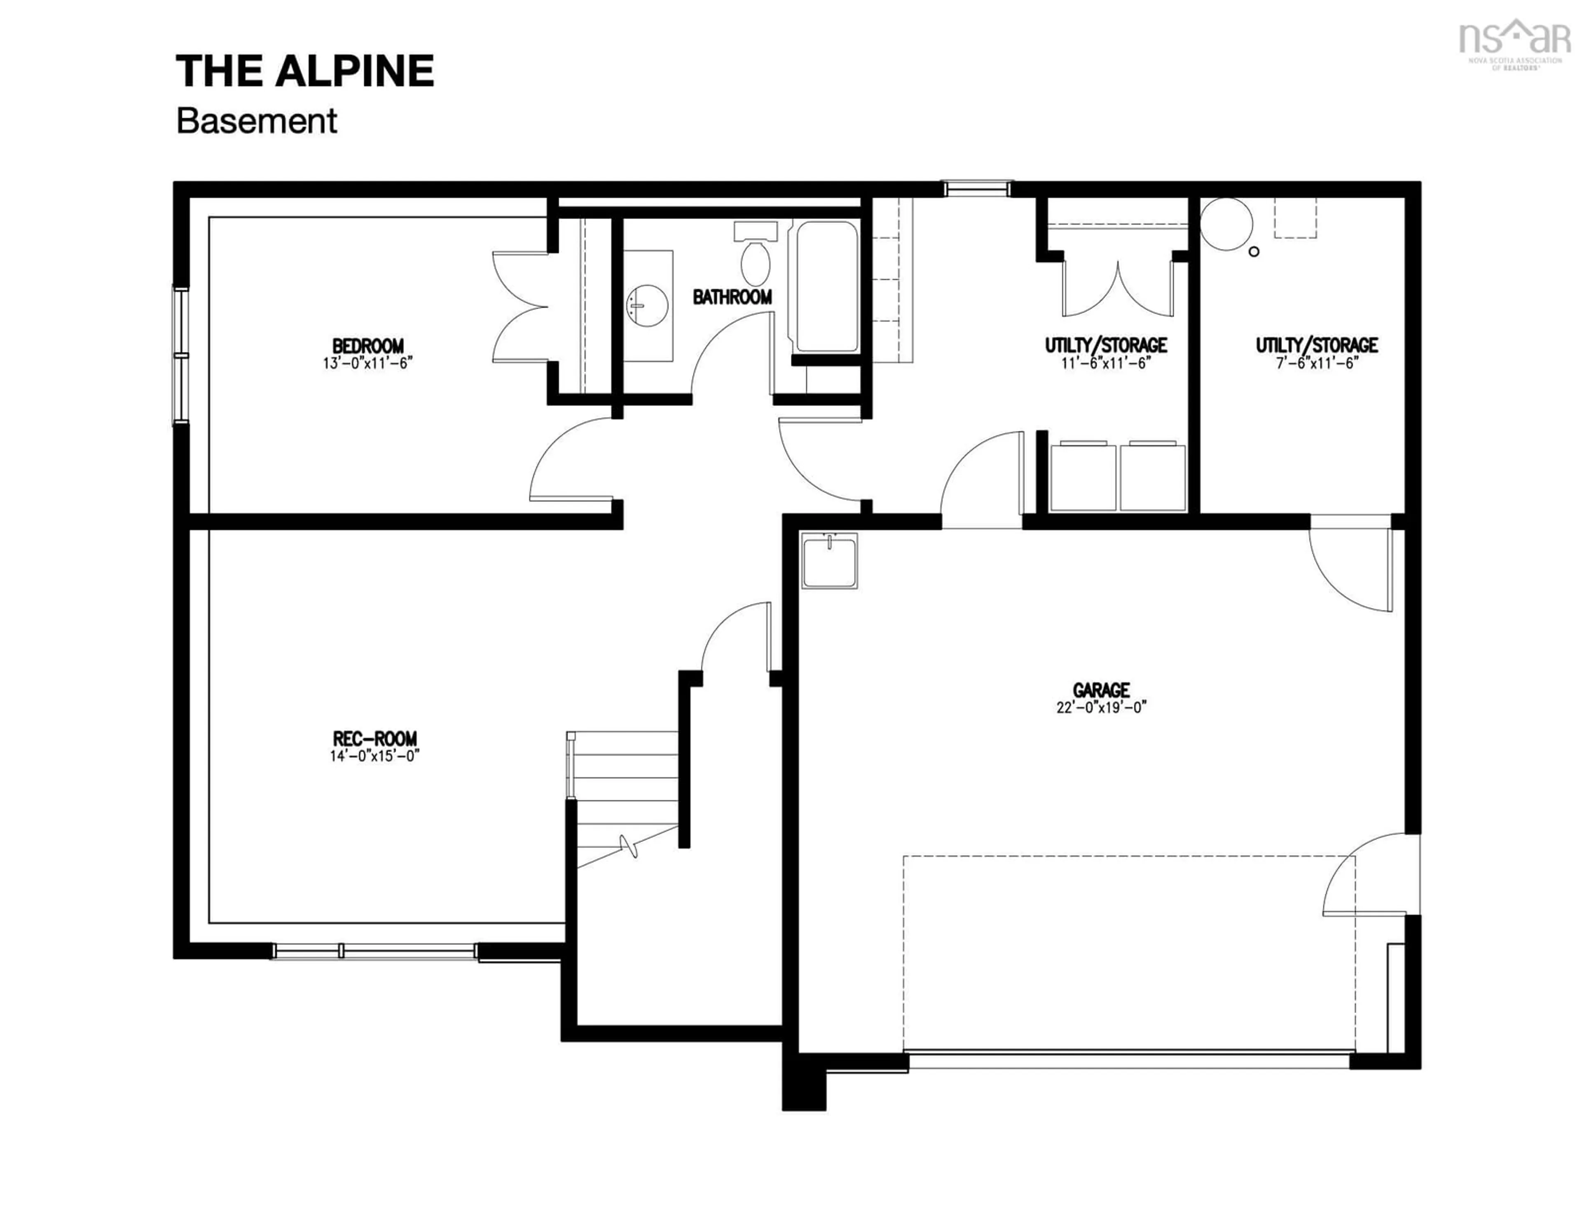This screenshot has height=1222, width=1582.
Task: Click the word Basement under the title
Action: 256,121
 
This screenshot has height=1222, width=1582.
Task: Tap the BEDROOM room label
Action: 368,346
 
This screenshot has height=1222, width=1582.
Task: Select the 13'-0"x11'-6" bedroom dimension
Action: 368,363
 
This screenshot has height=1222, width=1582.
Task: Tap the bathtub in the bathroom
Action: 826,286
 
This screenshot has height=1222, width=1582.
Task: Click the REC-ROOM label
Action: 374,738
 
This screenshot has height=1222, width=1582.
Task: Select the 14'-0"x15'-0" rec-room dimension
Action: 374,756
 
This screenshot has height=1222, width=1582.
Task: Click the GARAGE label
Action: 1101,690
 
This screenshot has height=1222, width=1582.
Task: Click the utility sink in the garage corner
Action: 829,560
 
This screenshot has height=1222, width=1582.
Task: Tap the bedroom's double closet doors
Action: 522,307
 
